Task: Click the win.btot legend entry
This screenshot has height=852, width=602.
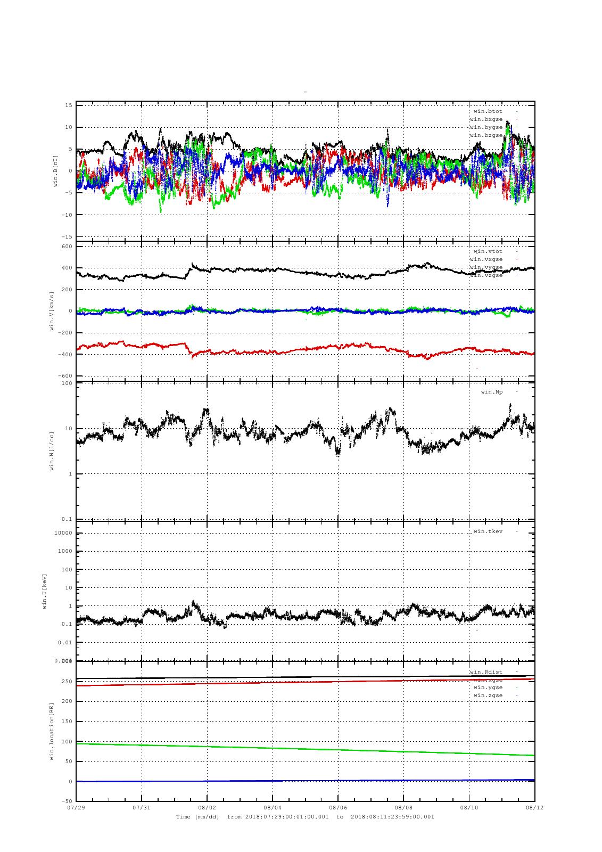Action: click(488, 111)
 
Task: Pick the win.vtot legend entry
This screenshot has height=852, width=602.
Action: click(488, 251)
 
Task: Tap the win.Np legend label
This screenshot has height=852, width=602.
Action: click(491, 392)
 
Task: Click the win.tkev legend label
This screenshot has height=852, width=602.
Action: click(488, 531)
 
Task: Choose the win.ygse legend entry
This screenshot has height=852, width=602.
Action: click(488, 687)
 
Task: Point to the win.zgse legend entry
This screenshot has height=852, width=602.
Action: click(488, 695)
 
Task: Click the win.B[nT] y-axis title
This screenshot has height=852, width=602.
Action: click(55, 170)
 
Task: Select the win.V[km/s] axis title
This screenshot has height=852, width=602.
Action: click(52, 311)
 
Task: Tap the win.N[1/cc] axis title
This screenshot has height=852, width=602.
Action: click(52, 450)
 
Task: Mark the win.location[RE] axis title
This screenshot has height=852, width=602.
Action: click(52, 731)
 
